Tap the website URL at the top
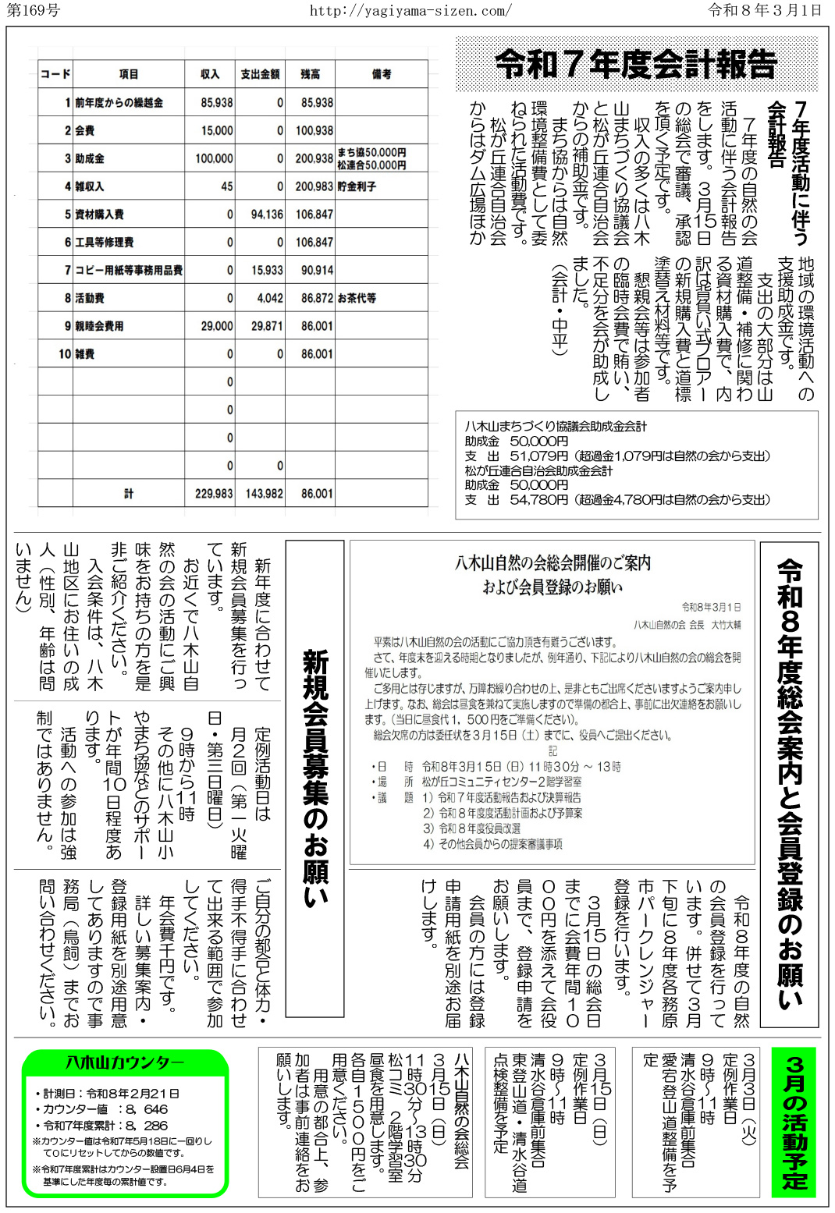pos(410,10)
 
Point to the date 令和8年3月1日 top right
pos(765,10)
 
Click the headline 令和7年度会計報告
pos(636,65)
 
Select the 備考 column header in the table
pos(382,74)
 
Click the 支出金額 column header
pos(260,74)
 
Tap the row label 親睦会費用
pos(99,326)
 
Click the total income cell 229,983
pos(214,494)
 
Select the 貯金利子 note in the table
pos(357,186)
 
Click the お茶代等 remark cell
pos(357,298)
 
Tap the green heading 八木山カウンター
pos(125,1063)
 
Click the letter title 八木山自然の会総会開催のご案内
pos(553,562)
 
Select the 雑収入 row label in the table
pos(90,186)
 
